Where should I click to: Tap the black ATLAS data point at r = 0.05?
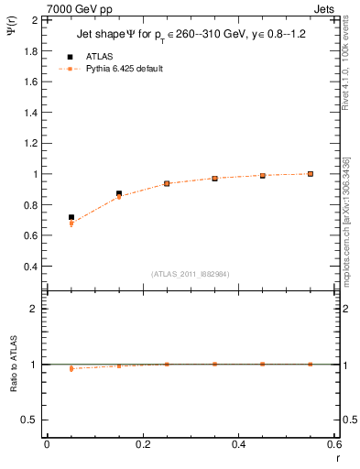coord(71,217)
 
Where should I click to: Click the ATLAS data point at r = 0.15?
coord(119,193)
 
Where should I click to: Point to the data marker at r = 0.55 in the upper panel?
coord(311,173)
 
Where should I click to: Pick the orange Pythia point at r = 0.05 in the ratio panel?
coord(71,368)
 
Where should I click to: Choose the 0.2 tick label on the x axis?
coord(143,444)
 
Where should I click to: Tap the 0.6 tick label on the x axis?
coord(334,444)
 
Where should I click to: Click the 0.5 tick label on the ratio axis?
coord(27,420)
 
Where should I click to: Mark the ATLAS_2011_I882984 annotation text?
coord(191,274)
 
